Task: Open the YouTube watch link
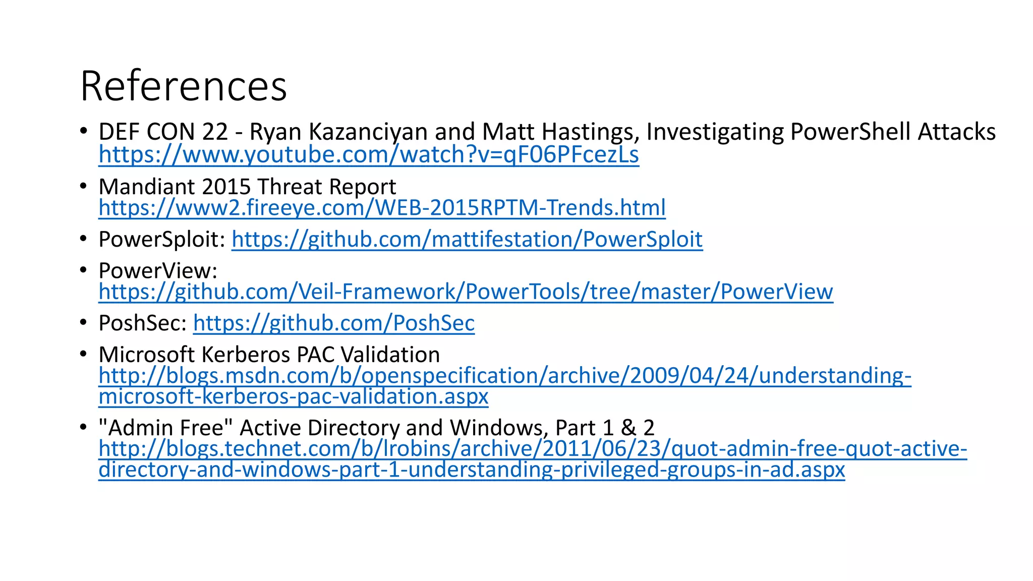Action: point(369,154)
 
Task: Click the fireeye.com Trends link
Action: point(382,208)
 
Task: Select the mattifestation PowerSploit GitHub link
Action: point(467,239)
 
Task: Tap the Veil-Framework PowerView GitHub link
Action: point(466,292)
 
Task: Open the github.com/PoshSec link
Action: point(334,323)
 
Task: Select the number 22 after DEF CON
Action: point(215,132)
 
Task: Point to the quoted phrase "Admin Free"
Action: point(166,428)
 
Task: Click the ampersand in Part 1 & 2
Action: point(628,428)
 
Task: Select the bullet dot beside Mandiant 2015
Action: point(84,186)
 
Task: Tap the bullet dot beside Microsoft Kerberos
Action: point(84,354)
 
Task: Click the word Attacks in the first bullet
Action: point(957,132)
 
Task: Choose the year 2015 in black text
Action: point(226,187)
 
